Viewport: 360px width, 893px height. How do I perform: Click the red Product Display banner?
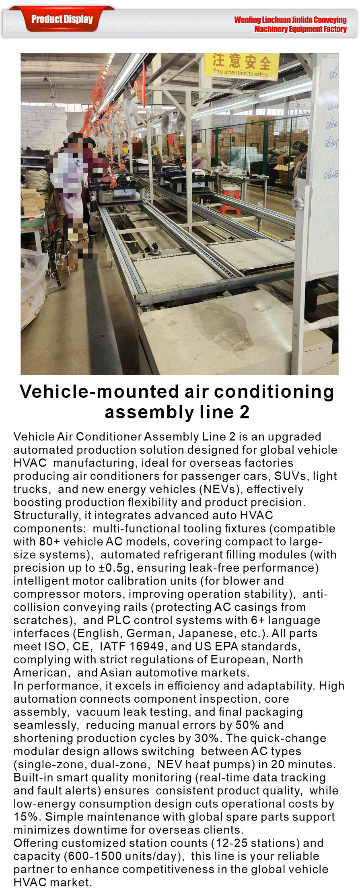click(62, 19)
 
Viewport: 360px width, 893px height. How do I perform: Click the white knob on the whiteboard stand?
click(298, 203)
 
